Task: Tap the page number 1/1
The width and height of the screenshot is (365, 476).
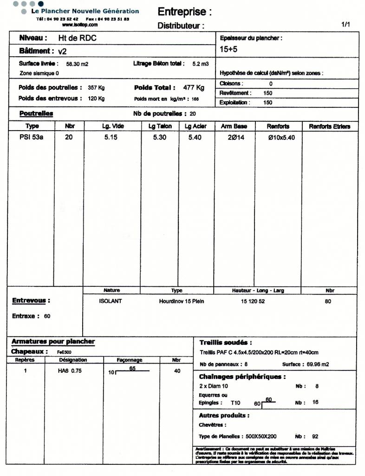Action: [345, 24]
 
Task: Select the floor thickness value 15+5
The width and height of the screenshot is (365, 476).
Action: [228, 49]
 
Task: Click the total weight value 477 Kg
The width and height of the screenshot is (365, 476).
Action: [194, 87]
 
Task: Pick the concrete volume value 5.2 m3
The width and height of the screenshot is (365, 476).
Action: [201, 64]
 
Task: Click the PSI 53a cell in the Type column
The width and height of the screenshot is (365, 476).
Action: [31, 138]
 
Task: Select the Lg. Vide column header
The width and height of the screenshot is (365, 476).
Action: [112, 126]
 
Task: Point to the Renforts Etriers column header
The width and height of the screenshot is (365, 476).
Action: [330, 126]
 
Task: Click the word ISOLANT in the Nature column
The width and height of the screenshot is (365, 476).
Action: [111, 301]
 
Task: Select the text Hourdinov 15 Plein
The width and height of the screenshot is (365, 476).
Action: [182, 301]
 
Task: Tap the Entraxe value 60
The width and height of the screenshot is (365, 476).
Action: [47, 316]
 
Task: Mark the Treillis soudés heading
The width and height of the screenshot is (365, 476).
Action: [225, 342]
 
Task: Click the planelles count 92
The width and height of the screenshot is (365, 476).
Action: [315, 436]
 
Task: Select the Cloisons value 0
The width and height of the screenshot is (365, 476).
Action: [271, 84]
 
